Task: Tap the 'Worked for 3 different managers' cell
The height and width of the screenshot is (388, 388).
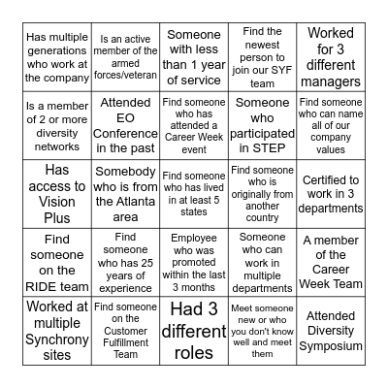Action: (x=330, y=57)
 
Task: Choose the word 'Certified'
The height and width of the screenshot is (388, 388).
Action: (x=330, y=179)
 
